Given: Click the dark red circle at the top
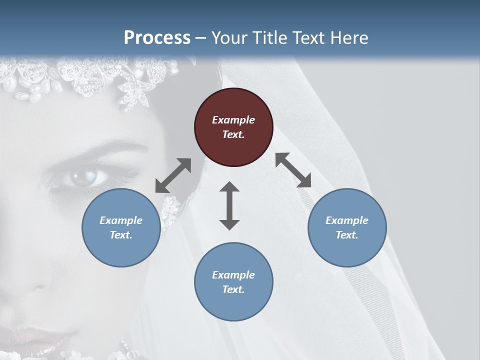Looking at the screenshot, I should pyautogui.click(x=233, y=127).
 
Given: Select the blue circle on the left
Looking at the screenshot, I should pyautogui.click(x=121, y=227).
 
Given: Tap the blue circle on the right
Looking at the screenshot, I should pyautogui.click(x=347, y=227).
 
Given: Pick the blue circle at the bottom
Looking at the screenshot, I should pyautogui.click(x=233, y=282).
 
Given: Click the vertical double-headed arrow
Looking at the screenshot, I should pyautogui.click(x=229, y=205).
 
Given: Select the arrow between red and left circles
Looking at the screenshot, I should pyautogui.click(x=173, y=175).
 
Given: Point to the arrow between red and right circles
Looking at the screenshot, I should pyautogui.click(x=293, y=170).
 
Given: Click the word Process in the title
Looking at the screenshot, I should pyautogui.click(x=157, y=38).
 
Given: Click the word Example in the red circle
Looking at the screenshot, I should pyautogui.click(x=233, y=120).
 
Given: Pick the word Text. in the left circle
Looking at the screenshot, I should pyautogui.click(x=121, y=235).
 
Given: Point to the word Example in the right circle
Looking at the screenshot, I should pyautogui.click(x=347, y=220).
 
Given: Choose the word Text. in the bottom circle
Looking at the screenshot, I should pyautogui.click(x=233, y=289).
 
